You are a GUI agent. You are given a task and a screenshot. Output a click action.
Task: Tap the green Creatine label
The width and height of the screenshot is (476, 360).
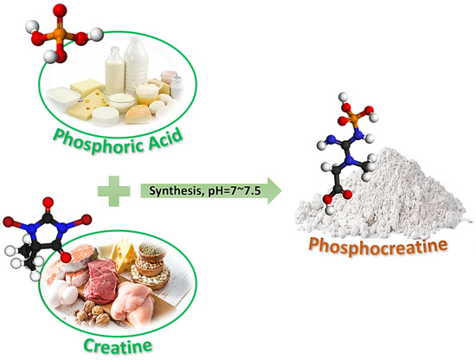(x=118, y=346)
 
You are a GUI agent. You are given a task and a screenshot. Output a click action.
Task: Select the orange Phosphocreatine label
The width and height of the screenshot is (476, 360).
(x=378, y=246)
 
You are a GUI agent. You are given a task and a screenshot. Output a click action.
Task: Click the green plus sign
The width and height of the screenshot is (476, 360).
(x=114, y=191)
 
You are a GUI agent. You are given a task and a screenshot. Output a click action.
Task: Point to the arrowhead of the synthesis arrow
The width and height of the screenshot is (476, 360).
(x=274, y=191)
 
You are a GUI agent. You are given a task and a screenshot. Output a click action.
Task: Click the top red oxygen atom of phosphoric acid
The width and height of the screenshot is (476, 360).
(x=60, y=10)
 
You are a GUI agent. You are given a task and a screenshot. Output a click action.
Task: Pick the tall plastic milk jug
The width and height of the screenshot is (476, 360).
(x=136, y=64)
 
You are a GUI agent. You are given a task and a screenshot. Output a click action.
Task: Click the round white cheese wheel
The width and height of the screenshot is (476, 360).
(x=106, y=117)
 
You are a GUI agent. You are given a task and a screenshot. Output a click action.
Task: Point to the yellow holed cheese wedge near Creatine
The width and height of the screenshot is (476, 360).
(x=124, y=254)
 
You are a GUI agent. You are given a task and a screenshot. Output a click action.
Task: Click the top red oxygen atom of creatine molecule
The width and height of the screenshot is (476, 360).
(x=48, y=202)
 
